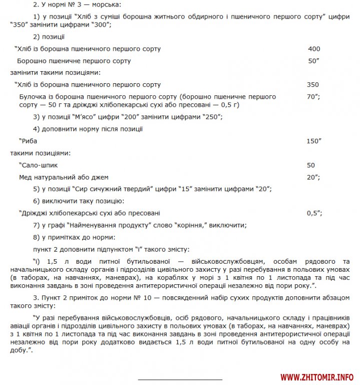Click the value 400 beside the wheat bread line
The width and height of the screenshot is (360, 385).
(x=314, y=49)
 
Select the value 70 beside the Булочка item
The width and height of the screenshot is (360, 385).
(x=311, y=96)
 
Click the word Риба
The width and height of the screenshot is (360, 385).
(x=30, y=141)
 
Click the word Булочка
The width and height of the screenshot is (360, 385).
(x=32, y=96)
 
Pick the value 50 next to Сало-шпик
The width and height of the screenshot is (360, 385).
(x=311, y=165)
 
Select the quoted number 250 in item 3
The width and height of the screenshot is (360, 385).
(x=212, y=117)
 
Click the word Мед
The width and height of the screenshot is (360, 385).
(x=26, y=177)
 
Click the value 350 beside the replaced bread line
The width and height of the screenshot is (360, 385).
(x=312, y=85)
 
